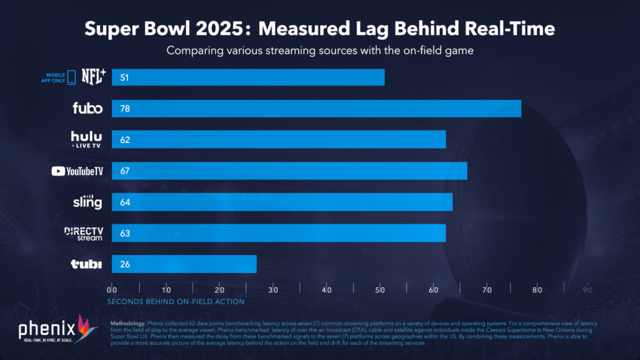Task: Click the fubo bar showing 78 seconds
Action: (x=316, y=108)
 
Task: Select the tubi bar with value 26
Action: (x=184, y=264)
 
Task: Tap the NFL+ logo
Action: (x=94, y=77)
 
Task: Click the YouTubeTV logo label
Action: (x=77, y=171)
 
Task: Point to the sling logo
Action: (x=87, y=202)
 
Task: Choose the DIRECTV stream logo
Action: (x=83, y=233)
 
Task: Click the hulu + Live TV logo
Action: (x=86, y=139)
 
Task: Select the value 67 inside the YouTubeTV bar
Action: (x=124, y=171)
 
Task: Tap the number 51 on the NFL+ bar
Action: (x=124, y=77)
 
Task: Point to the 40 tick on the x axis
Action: (x=326, y=290)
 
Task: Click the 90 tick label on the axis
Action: (x=587, y=290)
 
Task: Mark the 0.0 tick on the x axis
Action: (x=111, y=290)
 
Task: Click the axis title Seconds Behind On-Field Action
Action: (x=176, y=301)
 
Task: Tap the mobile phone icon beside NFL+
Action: (x=71, y=77)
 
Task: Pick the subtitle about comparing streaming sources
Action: (x=319, y=51)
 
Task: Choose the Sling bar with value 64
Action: (x=282, y=202)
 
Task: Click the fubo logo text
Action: (x=87, y=108)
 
